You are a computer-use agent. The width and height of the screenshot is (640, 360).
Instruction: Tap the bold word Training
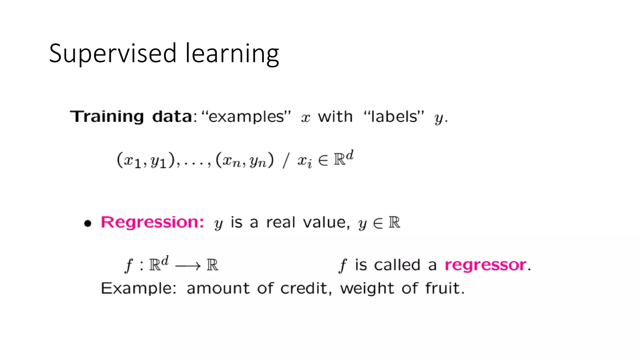pyautogui.click(x=107, y=117)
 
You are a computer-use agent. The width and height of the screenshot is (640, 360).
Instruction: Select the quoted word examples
pyautogui.click(x=246, y=117)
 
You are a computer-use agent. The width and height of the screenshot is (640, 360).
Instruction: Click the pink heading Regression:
pyautogui.click(x=152, y=222)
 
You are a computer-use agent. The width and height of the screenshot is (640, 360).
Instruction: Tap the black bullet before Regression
pyautogui.click(x=88, y=223)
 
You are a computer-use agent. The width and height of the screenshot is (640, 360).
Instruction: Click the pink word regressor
pyautogui.click(x=485, y=265)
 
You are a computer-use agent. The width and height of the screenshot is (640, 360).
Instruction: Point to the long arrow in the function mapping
pyautogui.click(x=188, y=266)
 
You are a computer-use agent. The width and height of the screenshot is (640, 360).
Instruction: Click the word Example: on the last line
pyautogui.click(x=138, y=288)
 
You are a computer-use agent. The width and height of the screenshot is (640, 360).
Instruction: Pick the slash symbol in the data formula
pyautogui.click(x=285, y=161)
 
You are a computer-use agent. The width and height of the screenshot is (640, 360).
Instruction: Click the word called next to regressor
pyautogui.click(x=397, y=265)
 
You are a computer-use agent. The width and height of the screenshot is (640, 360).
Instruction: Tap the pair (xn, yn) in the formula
pyautogui.click(x=245, y=161)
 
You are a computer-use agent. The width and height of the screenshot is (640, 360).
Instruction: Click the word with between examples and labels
pyautogui.click(x=335, y=117)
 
